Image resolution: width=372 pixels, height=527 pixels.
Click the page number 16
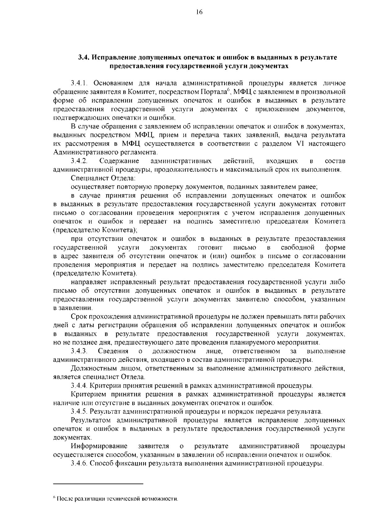pyautogui.click(x=199, y=12)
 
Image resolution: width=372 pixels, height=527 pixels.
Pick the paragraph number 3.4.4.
pyautogui.click(x=80, y=386)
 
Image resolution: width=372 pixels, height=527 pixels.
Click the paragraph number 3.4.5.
pyautogui.click(x=80, y=412)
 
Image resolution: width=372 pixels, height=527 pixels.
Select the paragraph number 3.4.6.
pyautogui.click(x=80, y=464)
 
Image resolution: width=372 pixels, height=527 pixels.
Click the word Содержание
pyautogui.click(x=119, y=161)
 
